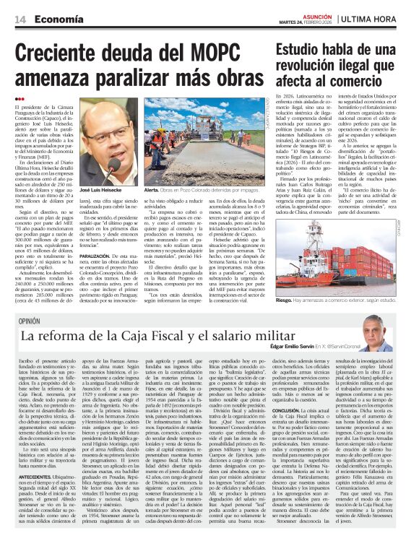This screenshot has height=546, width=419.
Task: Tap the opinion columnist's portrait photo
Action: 377,332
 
